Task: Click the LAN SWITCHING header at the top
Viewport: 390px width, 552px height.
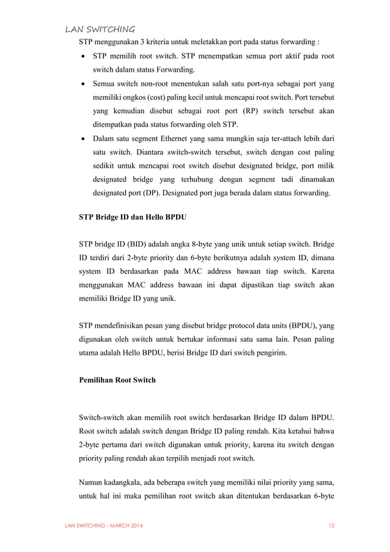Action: point(100,28)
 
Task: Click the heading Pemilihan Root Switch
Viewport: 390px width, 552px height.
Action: point(117,380)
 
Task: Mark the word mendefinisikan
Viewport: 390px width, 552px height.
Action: point(125,325)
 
